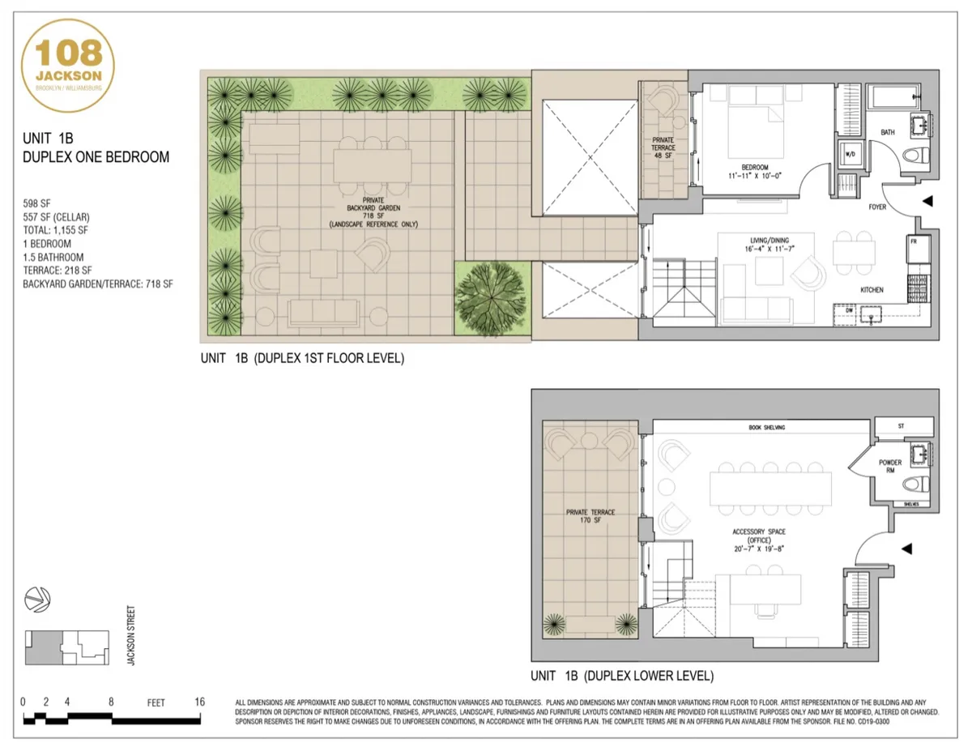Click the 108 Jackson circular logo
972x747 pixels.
pyautogui.click(x=69, y=65)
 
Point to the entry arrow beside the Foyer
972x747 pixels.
pyautogui.click(x=927, y=200)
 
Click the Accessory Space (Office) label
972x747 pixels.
pyautogui.click(x=759, y=540)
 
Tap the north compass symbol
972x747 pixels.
pyautogui.click(x=36, y=599)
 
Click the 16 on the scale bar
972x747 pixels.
pyautogui.click(x=198, y=702)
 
